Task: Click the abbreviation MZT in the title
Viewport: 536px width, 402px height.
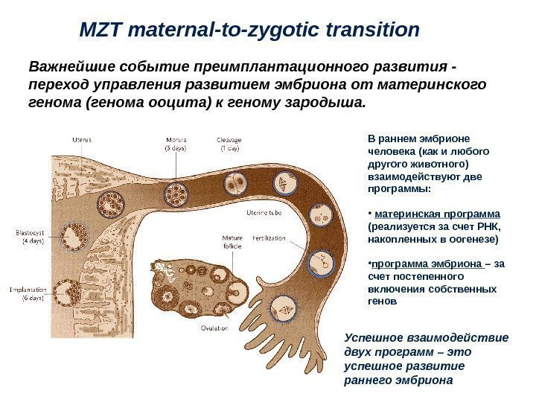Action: pyautogui.click(x=103, y=31)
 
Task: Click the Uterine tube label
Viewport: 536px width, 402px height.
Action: pyautogui.click(x=264, y=214)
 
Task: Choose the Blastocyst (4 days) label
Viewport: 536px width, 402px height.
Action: pyautogui.click(x=31, y=236)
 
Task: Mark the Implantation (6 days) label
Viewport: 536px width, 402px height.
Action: pyautogui.click(x=28, y=294)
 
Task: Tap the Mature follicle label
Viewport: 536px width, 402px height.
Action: pyautogui.click(x=232, y=243)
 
